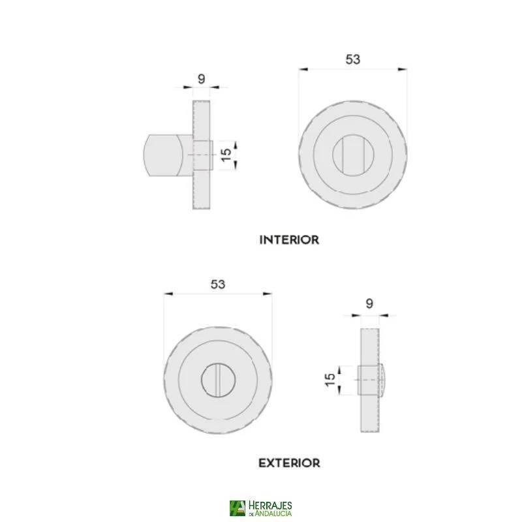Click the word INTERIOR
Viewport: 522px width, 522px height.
click(289, 239)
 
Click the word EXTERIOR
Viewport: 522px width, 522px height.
click(289, 463)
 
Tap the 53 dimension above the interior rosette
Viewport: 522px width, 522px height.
click(353, 59)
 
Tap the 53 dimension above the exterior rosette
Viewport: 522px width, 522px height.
click(218, 284)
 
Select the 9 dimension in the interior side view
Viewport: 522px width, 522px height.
click(202, 79)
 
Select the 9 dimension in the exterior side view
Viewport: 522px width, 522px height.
click(369, 303)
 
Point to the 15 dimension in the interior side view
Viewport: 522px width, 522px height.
click(226, 155)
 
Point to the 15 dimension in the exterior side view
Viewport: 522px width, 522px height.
click(330, 380)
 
